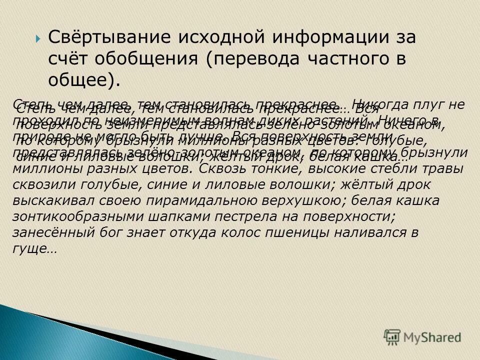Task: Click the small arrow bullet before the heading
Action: coord(38,38)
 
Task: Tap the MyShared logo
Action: coord(423,336)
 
